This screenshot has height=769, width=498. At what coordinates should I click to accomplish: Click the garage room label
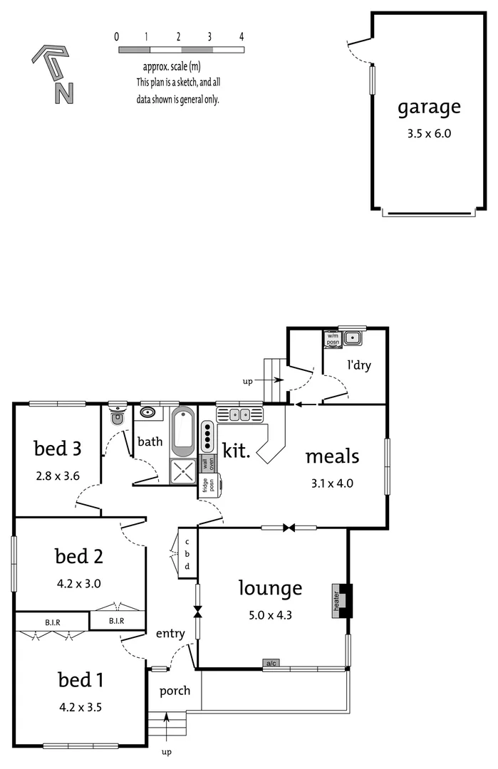(x=429, y=108)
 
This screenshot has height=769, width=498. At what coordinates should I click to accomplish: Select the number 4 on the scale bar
(x=242, y=36)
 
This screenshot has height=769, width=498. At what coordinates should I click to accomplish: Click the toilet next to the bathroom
(x=118, y=416)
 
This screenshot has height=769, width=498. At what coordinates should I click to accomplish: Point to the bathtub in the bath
(x=182, y=431)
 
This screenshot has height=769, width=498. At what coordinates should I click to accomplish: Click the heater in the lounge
(x=341, y=601)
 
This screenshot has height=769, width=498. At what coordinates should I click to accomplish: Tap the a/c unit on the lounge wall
(x=271, y=664)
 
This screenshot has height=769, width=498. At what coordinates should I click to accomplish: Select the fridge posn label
(x=205, y=486)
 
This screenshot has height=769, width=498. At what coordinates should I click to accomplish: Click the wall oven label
(x=207, y=463)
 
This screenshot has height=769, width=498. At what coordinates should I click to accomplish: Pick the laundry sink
(x=352, y=338)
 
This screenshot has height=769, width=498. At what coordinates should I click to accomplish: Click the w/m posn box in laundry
(x=333, y=338)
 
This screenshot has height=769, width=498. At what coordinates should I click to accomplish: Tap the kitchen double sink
(x=239, y=414)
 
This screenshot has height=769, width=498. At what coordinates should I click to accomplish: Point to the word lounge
(x=270, y=588)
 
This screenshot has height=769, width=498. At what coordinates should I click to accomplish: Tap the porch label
(x=174, y=691)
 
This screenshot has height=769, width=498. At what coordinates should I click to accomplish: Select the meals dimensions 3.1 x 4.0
(x=332, y=483)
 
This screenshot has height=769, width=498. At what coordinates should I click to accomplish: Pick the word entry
(x=170, y=633)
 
